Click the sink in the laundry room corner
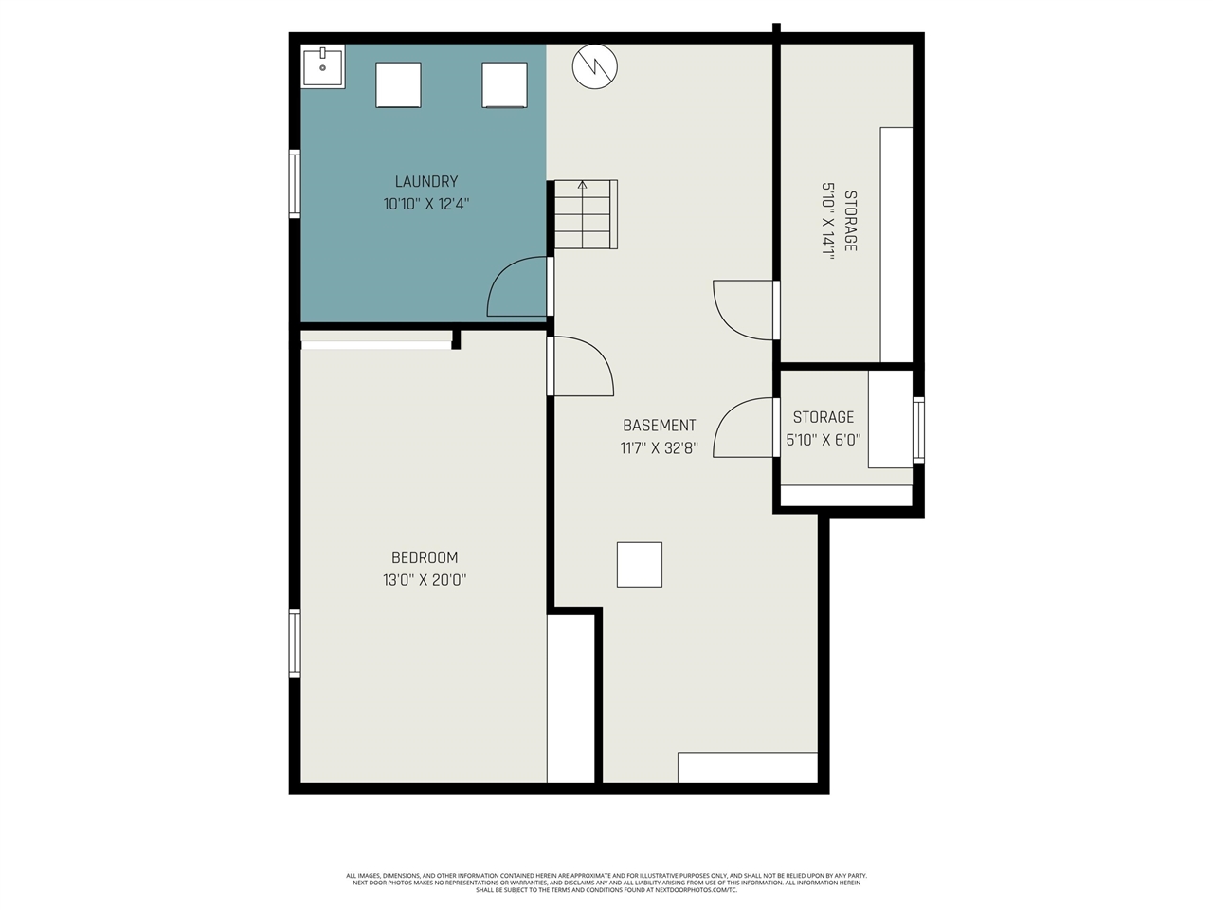point(323,66)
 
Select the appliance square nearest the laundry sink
point(398,85)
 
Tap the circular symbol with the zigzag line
point(594,66)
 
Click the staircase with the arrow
point(585,214)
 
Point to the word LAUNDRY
point(426,181)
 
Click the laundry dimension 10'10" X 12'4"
point(426,203)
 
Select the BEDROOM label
point(425,557)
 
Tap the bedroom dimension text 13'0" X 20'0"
point(425,579)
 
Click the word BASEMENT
point(660,426)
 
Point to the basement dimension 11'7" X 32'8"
point(660,447)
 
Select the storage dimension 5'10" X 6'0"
point(824,440)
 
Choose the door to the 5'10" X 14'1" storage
point(746,309)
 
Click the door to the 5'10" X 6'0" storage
point(746,428)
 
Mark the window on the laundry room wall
point(295,184)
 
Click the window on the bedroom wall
point(295,643)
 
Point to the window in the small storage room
point(918,429)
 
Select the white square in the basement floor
point(640,565)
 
